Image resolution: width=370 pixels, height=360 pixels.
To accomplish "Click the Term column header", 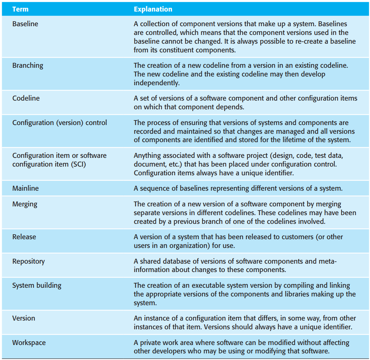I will [x=20, y=9].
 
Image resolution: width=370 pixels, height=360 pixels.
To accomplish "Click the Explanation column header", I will [x=153, y=9].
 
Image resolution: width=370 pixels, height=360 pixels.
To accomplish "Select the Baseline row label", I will [x=25, y=24].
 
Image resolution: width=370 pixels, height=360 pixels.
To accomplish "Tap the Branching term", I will [x=28, y=66].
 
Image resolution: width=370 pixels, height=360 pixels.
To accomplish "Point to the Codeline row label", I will [x=26, y=98].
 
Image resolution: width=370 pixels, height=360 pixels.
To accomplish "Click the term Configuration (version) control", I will [x=59, y=123].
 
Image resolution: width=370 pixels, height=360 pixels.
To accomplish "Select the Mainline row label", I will [x=25, y=188].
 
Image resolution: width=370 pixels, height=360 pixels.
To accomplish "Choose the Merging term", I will [x=25, y=204].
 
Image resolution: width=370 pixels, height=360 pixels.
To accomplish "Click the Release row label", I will [x=24, y=237].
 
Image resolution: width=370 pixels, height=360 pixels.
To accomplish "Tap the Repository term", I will [x=28, y=261].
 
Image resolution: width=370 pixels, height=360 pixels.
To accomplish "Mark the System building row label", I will [x=37, y=285].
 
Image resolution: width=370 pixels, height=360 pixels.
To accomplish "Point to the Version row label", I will [x=24, y=318].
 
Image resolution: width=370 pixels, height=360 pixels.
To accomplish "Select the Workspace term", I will [x=29, y=343].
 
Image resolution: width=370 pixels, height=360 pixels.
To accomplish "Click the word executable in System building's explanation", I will [x=202, y=286].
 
